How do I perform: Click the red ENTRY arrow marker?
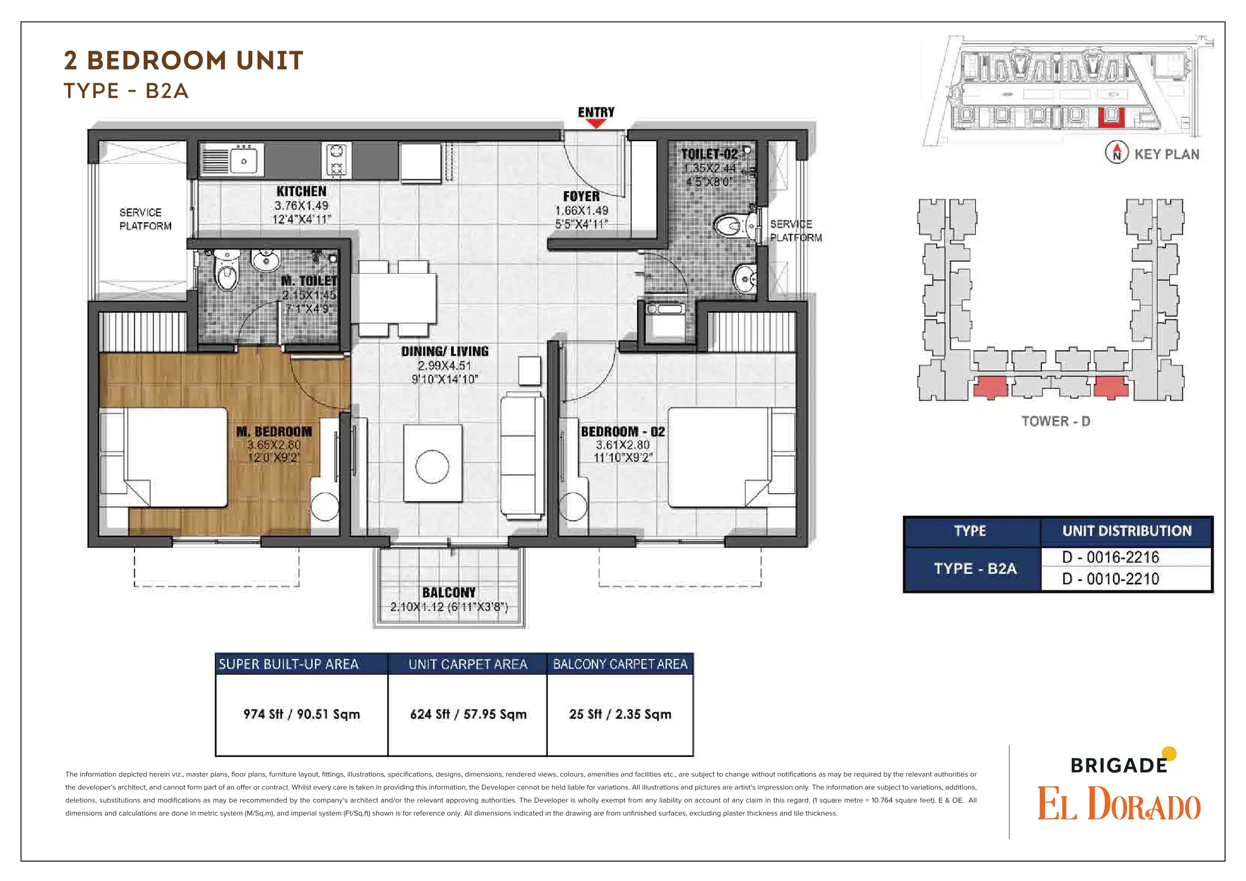(597, 123)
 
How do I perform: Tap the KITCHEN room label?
(301, 192)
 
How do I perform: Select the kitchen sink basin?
(244, 161)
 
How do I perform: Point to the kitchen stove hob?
(336, 160)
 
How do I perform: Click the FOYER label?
(581, 196)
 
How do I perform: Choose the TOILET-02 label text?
(709, 154)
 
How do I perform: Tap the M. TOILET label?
(309, 281)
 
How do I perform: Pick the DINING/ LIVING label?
(445, 352)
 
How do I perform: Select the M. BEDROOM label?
(274, 432)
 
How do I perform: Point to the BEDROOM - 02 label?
(623, 432)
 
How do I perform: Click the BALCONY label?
(449, 593)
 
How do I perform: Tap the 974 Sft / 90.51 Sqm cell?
(302, 715)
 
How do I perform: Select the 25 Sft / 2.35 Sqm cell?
(620, 715)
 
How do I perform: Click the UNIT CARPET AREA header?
(468, 664)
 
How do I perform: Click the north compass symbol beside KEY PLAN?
(1117, 152)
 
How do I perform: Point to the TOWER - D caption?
(1056, 421)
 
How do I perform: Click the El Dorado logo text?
(1119, 804)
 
